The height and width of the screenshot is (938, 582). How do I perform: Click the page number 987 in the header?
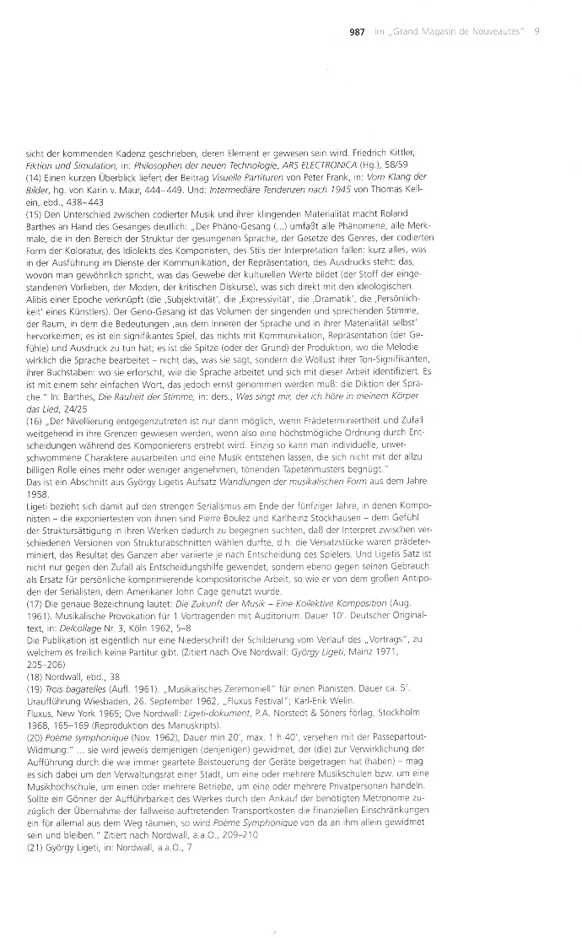click(356, 32)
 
